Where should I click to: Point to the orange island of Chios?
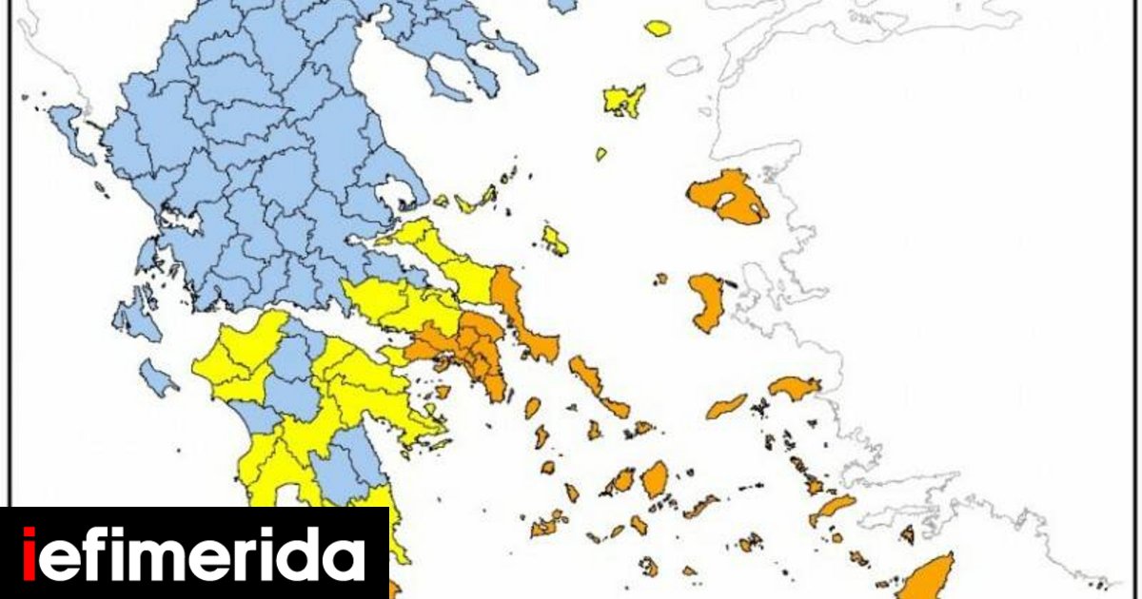coord(707,301)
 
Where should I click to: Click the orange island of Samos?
coord(795,387)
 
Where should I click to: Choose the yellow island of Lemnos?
coord(625,99)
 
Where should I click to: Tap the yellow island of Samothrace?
coord(658,29)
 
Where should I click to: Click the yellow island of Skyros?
coord(555,240)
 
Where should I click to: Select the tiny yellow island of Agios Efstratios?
coord(601,154)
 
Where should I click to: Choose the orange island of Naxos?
coord(655,479)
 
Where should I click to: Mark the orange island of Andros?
coord(584,375)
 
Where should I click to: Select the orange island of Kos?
coord(833,508)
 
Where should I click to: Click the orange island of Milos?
coord(548,524)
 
